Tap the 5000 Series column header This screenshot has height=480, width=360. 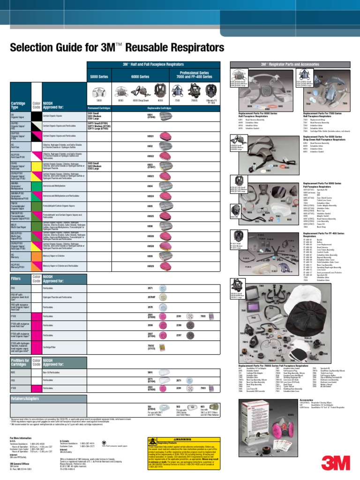coord(99,76)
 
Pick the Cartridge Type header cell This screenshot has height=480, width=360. coord(19,105)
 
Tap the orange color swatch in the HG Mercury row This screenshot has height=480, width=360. coord(36,257)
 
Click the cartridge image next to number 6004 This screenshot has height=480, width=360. coord(166,186)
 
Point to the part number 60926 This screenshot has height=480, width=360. coord(150,236)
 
